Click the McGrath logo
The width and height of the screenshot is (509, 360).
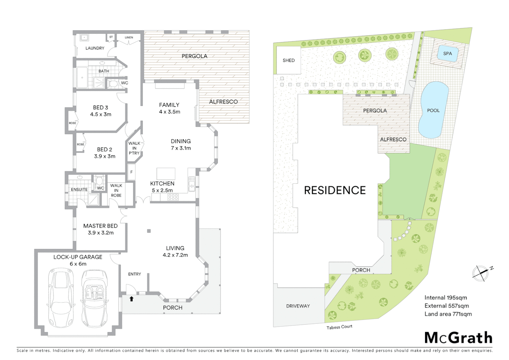coord(458,338)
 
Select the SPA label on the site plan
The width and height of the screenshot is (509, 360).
coord(447,54)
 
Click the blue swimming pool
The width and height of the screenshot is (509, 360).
coord(433,110)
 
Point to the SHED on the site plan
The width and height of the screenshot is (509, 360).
coord(288,60)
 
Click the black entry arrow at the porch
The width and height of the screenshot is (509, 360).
coord(132,299)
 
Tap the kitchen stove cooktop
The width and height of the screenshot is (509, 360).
coord(173,197)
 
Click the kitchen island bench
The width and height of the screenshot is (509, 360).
coord(166,173)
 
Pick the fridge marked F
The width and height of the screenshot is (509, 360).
coord(132,172)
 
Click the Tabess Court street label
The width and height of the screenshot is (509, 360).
coord(339,327)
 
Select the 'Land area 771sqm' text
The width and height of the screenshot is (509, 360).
coord(448,314)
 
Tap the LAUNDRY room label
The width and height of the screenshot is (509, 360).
coord(95,48)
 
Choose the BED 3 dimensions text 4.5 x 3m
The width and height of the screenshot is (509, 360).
coord(101,114)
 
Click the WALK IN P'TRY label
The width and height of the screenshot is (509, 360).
coord(134,148)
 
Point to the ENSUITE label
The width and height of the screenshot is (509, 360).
coord(79,189)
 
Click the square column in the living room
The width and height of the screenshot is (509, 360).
coord(149,231)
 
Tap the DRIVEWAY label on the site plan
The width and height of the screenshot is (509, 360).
coord(298,306)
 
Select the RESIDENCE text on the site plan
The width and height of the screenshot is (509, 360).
coord(335,190)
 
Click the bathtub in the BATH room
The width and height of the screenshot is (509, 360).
coord(82,78)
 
